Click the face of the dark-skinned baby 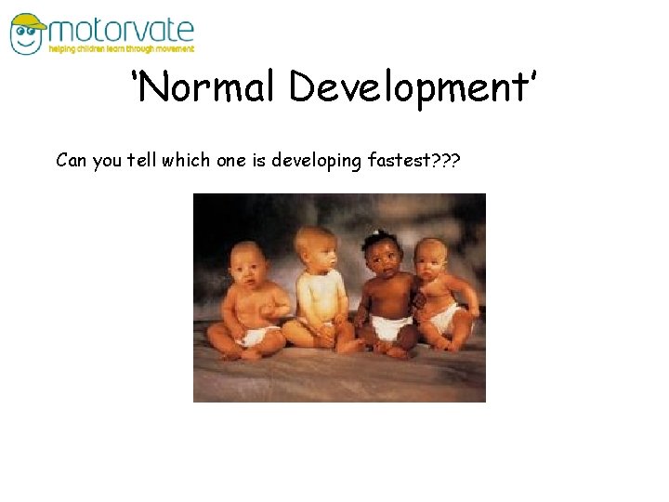[383, 263]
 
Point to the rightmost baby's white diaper [443, 319]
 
